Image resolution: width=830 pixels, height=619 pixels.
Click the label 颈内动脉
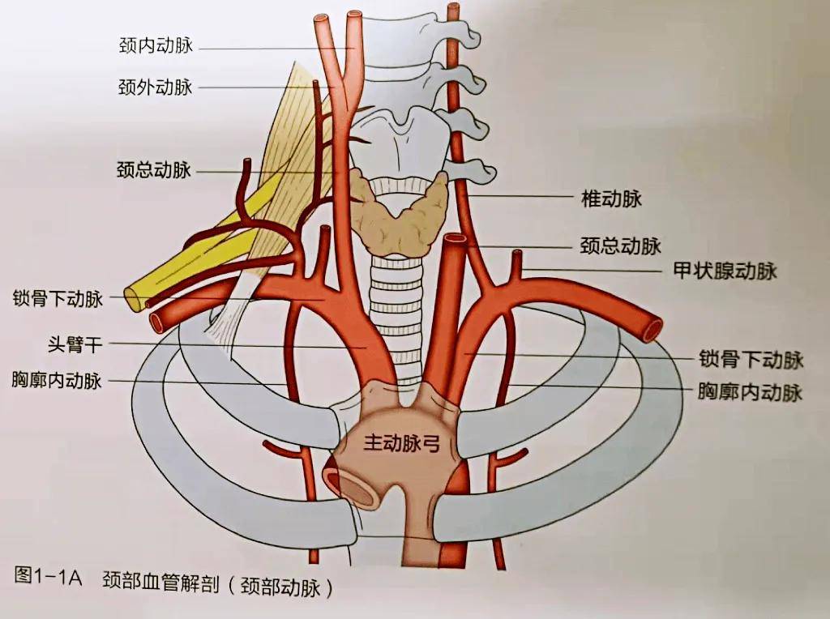point(155,46)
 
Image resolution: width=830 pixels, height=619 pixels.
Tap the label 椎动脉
point(611,199)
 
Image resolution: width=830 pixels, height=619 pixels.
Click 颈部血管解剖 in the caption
point(160,581)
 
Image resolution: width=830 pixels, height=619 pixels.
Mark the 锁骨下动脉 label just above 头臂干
point(58,299)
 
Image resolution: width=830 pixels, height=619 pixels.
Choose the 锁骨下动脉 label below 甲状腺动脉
point(751,359)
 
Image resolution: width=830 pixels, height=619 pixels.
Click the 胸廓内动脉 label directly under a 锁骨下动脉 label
point(751,393)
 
